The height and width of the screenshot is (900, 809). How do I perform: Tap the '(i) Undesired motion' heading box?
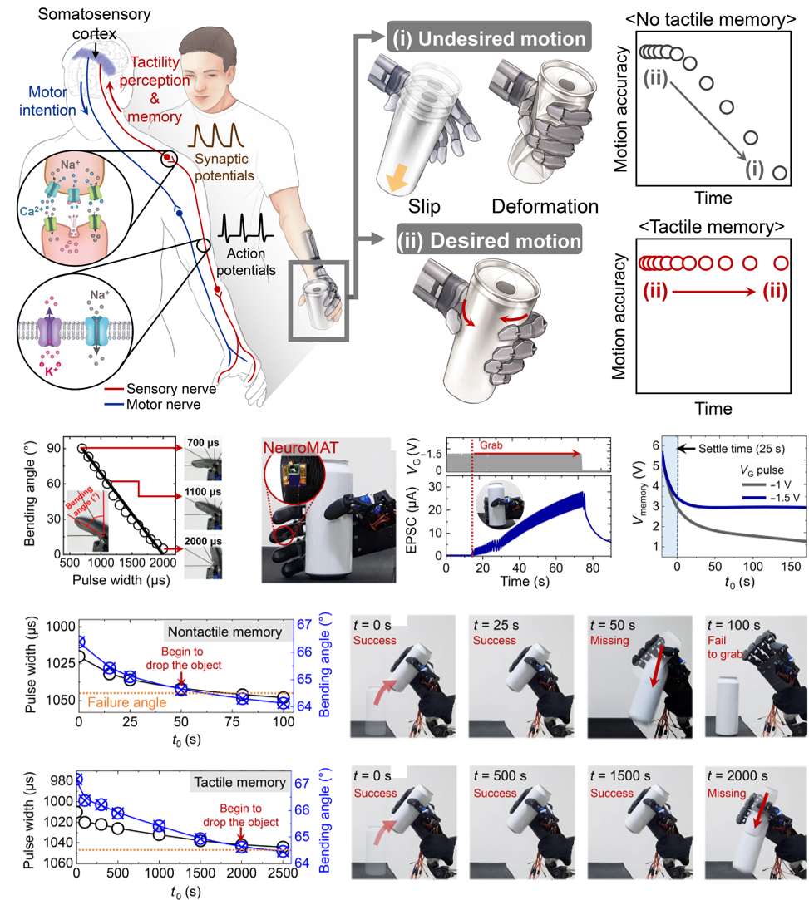[487, 38]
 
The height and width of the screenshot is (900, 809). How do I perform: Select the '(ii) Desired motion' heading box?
[487, 242]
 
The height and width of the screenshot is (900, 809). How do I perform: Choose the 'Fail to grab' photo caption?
[722, 647]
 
